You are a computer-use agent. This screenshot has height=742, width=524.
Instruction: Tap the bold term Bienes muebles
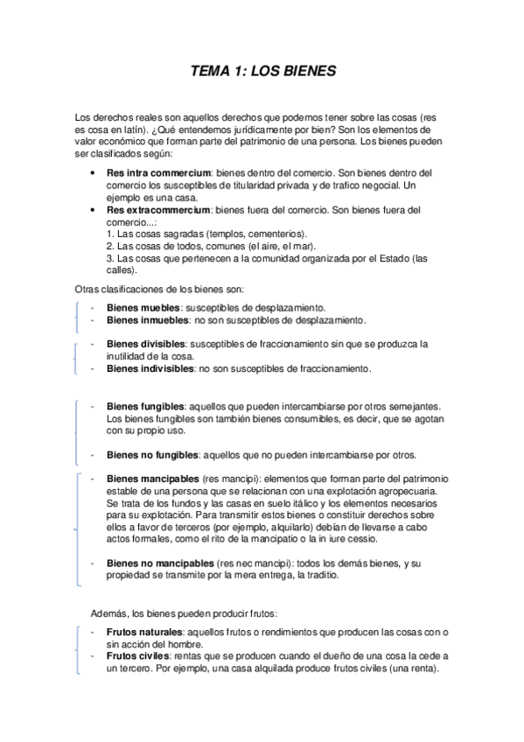[143, 308]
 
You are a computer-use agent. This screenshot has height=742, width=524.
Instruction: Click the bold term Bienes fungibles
[145, 406]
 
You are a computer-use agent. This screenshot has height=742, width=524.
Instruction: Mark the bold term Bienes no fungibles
[152, 455]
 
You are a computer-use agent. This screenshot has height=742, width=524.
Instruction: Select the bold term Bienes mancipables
[152, 479]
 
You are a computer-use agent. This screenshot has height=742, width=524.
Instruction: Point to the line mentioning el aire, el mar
[205, 247]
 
